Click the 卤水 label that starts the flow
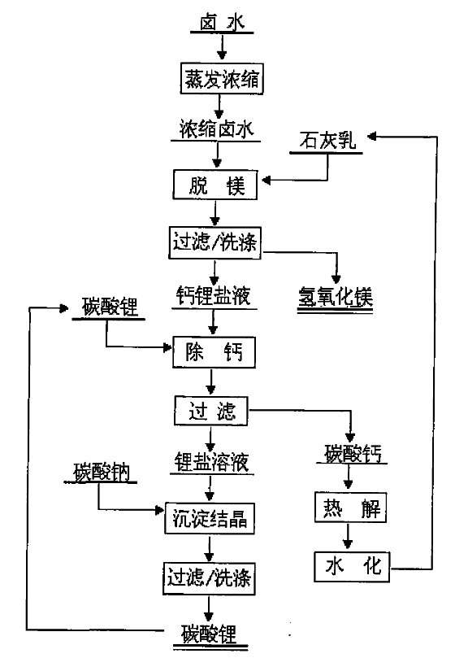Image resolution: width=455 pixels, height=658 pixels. tap(222, 23)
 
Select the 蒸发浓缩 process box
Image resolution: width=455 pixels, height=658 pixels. tap(222, 78)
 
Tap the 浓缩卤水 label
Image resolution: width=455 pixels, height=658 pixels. tap(216, 129)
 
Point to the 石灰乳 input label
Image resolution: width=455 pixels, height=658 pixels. tap(327, 141)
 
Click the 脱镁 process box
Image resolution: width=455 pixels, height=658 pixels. tap(215, 185)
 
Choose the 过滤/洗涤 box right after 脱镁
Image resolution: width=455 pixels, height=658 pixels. tap(214, 242)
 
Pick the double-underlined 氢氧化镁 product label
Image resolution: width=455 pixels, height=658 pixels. tap(336, 297)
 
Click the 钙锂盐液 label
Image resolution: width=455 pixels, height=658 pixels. tap(214, 296)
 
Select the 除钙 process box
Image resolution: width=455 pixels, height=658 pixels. tap(214, 352)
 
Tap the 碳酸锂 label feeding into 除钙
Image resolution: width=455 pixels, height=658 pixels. tap(110, 307)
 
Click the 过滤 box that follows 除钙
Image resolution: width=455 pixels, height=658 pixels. tap(211, 411)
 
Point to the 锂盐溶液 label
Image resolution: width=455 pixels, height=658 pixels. tap(212, 462)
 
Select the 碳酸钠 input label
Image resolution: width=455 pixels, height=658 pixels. tap(102, 472)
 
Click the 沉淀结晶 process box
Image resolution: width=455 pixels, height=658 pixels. tap(210, 518)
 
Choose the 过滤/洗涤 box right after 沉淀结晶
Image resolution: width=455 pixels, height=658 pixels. tap(209, 578)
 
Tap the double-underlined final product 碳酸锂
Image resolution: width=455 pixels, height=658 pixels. tap(210, 634)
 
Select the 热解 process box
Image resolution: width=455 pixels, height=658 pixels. tap(350, 508)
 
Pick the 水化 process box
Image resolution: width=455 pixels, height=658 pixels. tap(352, 567)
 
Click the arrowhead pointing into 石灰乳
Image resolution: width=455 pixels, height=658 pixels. tap(371, 137)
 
